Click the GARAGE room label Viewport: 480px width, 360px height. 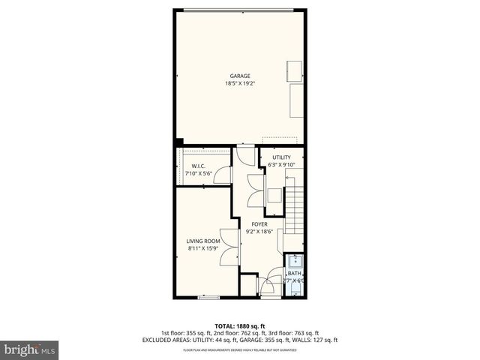[240, 76]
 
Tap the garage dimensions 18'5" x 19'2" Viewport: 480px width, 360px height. [240, 83]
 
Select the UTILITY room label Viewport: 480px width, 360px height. [281, 157]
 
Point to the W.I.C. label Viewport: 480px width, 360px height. [199, 166]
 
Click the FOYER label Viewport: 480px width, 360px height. [259, 224]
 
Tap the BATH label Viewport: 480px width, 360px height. [295, 274]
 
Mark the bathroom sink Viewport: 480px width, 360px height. [295, 261]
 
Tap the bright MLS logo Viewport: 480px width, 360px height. [30, 349]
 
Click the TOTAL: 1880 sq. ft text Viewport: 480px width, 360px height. [240, 325]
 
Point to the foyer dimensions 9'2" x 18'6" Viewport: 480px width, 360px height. [259, 232]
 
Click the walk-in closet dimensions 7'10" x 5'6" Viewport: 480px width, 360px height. [199, 174]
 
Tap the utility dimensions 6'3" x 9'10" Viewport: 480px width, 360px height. [281, 165]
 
